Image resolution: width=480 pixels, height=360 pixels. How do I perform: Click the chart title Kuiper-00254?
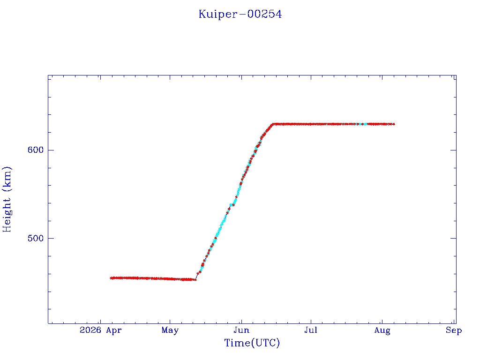tap(240, 15)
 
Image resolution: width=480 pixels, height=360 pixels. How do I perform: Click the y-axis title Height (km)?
tap(7, 199)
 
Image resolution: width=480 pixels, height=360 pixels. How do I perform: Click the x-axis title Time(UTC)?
tap(252, 343)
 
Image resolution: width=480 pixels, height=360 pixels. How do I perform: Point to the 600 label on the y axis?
tap(36, 150)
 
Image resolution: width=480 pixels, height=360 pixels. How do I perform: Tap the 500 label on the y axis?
tap(36, 238)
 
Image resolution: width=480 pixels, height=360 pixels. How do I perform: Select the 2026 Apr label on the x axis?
tap(100, 330)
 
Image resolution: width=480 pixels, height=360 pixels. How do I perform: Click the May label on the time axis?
tap(170, 330)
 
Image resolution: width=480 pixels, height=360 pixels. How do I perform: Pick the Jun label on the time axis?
tap(241, 330)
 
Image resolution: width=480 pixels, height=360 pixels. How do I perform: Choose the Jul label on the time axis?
tap(311, 330)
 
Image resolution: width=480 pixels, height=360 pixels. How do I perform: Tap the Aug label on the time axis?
tap(382, 330)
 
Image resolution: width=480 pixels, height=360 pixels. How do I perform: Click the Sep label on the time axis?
tap(454, 330)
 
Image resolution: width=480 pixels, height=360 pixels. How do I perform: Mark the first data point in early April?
tap(112, 278)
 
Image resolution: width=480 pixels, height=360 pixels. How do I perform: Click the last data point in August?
tap(393, 124)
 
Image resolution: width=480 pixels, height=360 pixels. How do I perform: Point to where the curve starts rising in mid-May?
tap(196, 279)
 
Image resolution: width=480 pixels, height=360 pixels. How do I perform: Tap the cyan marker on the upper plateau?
tap(365, 124)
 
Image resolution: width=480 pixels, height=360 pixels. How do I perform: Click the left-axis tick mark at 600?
tap(51, 150)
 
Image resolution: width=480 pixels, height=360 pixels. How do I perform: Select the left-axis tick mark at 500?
tap(51, 238)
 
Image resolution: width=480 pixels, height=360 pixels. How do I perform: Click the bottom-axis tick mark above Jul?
tap(311, 321)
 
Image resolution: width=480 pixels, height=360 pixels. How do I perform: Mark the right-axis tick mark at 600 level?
tap(453, 150)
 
